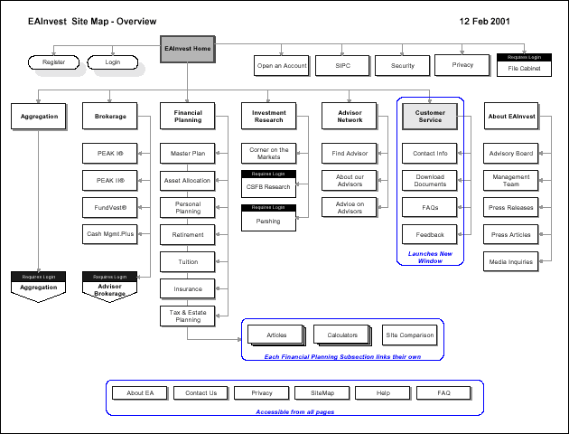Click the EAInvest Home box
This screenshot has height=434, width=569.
(x=188, y=49)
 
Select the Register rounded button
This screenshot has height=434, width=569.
(x=53, y=62)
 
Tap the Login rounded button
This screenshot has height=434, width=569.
(x=112, y=62)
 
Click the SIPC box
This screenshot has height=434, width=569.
(x=342, y=65)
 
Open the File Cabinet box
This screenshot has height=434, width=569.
(x=524, y=68)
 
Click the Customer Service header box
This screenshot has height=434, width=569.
(x=430, y=116)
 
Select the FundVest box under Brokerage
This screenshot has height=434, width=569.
(x=110, y=207)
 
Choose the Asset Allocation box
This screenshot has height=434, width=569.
(x=188, y=180)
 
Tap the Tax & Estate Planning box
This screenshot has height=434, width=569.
(x=188, y=315)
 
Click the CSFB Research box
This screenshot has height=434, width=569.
(x=267, y=187)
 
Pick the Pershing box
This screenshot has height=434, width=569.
(x=267, y=221)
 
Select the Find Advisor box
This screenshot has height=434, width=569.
(x=350, y=154)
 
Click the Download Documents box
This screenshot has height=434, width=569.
(x=430, y=180)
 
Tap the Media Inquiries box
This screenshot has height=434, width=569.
(x=511, y=261)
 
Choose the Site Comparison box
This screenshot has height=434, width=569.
(x=410, y=335)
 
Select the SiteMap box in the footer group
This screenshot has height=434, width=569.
(x=322, y=393)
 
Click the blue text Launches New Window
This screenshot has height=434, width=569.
(x=429, y=257)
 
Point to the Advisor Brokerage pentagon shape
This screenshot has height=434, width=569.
(x=110, y=289)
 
